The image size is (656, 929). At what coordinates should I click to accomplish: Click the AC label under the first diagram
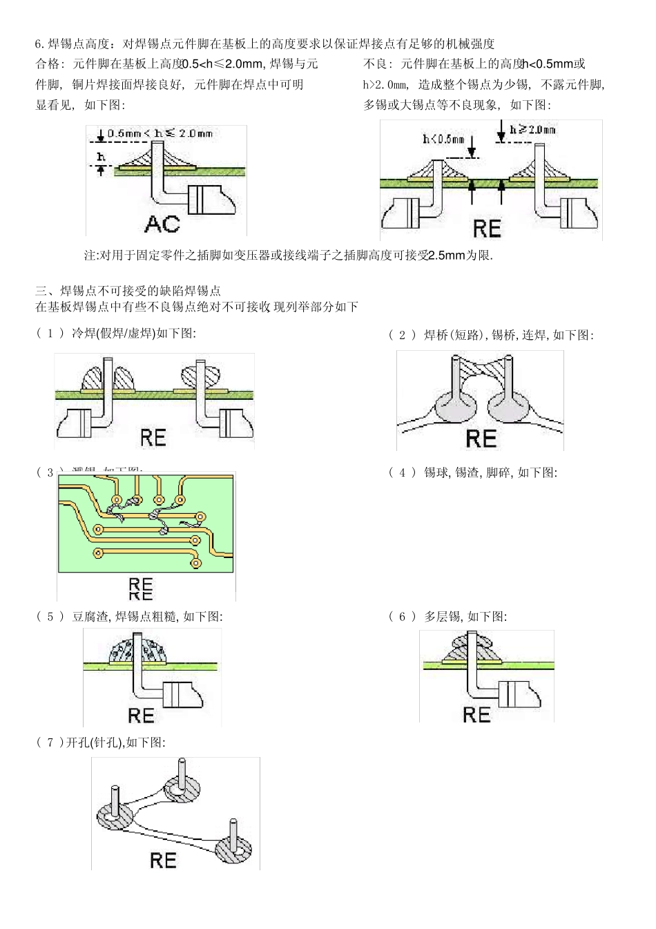pyautogui.click(x=162, y=223)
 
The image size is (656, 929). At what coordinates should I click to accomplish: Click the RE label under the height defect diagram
pyautogui.click(x=486, y=228)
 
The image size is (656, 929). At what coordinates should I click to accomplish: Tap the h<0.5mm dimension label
pyautogui.click(x=443, y=139)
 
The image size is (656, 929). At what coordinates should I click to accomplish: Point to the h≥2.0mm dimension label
pyautogui.click(x=532, y=129)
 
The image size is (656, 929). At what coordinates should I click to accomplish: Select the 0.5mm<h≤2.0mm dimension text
pyautogui.click(x=160, y=133)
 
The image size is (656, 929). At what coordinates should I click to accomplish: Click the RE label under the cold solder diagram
pyautogui.click(x=153, y=437)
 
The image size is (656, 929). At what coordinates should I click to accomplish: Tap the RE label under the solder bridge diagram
pyautogui.click(x=481, y=438)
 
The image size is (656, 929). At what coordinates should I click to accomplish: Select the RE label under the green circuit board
pyautogui.click(x=140, y=586)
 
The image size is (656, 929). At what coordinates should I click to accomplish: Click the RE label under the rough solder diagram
pyautogui.click(x=141, y=715)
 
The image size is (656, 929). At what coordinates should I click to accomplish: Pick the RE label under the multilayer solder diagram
pyautogui.click(x=476, y=714)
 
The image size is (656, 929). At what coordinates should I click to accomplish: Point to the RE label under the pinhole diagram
pyautogui.click(x=163, y=860)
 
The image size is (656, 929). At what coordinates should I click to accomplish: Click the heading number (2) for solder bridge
pyautogui.click(x=402, y=335)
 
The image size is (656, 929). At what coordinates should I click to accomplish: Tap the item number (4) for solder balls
pyautogui.click(x=402, y=472)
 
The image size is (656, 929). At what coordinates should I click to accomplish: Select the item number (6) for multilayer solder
pyautogui.click(x=402, y=616)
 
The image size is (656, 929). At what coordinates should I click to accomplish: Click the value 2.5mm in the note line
pyautogui.click(x=447, y=256)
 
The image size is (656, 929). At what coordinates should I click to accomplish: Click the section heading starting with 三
pyautogui.click(x=128, y=291)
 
